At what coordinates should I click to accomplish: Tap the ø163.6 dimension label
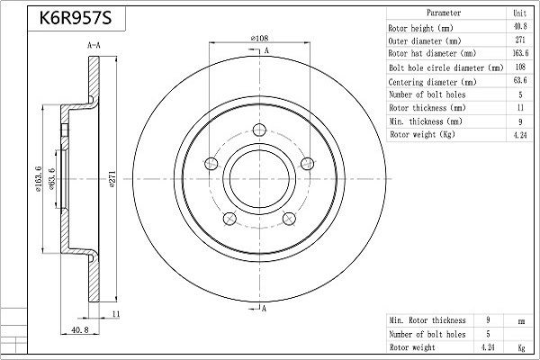tap(38, 179)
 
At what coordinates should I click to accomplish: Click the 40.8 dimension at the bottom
tap(79, 330)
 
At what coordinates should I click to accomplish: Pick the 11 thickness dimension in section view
tap(116, 313)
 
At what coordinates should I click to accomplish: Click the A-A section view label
tap(93, 44)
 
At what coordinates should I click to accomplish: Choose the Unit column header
tap(519, 13)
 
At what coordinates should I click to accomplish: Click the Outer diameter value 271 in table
tap(519, 40)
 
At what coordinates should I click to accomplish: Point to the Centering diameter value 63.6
tap(519, 81)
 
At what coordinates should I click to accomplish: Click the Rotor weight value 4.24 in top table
tap(519, 135)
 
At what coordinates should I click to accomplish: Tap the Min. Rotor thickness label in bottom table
tap(427, 319)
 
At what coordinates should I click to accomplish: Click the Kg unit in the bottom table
tap(519, 346)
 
